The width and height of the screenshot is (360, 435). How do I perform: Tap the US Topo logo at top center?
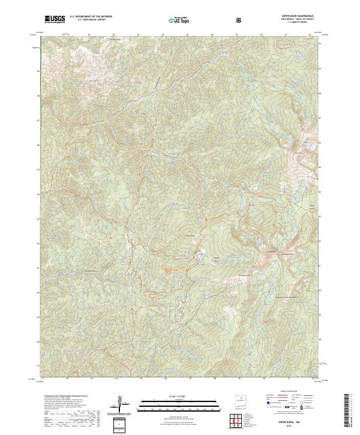(179, 20)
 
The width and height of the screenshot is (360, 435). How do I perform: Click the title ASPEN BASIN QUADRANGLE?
(293, 16)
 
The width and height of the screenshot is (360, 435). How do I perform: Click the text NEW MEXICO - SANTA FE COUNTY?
(293, 19)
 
